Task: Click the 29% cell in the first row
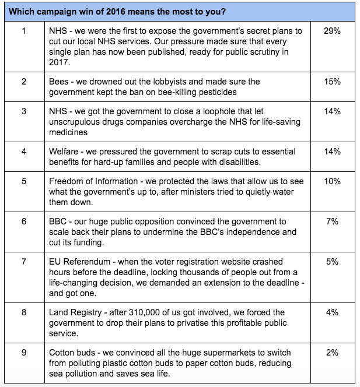coord(332,31)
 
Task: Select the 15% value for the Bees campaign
coord(332,82)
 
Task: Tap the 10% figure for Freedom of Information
coord(332,181)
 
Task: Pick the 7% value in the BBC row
coord(332,221)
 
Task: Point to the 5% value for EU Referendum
coord(332,262)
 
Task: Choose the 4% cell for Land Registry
coord(332,312)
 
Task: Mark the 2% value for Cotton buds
coord(332,353)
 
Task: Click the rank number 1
coord(23,31)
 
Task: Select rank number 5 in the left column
coord(23,181)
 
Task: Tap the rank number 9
coord(23,353)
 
